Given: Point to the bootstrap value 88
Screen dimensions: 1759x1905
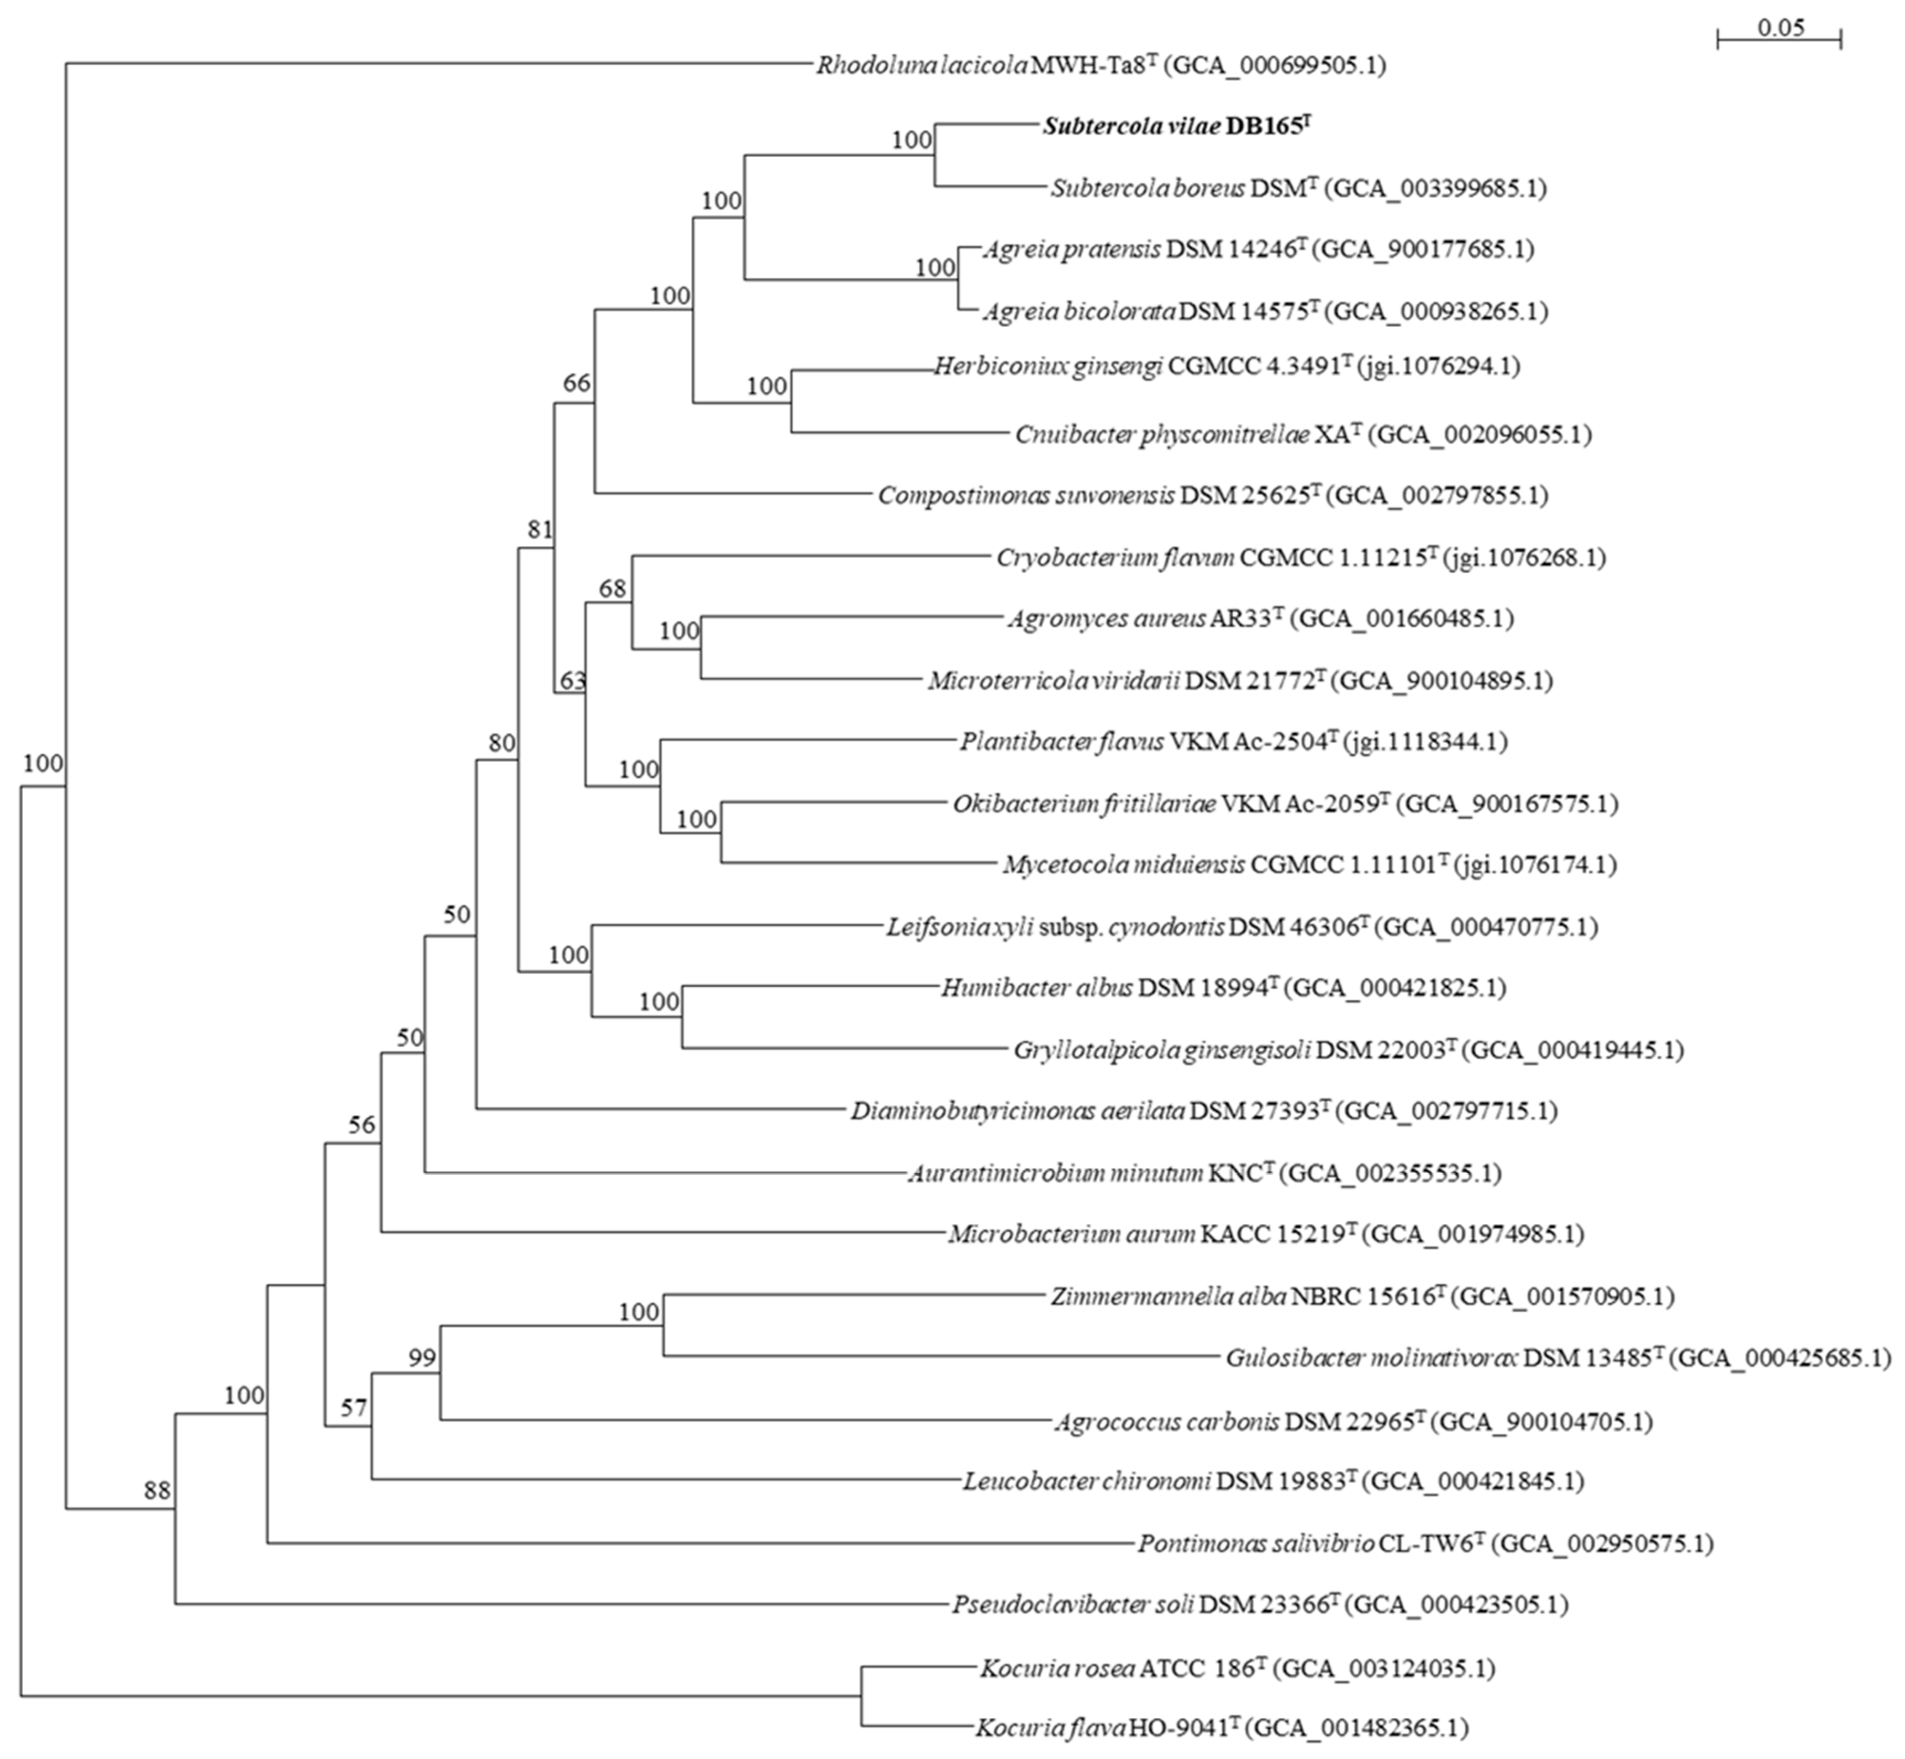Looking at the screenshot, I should pos(157,1491).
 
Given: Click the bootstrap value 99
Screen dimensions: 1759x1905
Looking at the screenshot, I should pos(422,1357).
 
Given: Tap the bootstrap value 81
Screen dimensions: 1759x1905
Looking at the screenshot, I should pos(540,529).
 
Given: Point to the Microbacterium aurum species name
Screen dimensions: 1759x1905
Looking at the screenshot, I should pos(1071,1234).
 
